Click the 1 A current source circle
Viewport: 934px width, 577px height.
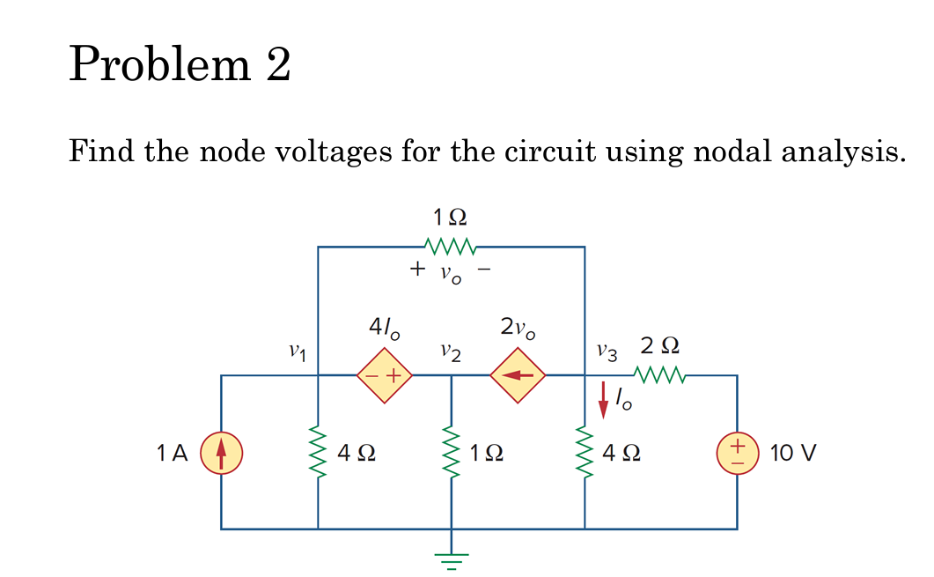222,453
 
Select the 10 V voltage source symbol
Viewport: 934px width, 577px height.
737,453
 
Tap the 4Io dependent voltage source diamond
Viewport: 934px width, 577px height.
384,375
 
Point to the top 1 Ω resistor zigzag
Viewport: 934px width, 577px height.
450,244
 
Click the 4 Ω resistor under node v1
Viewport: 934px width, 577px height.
318,453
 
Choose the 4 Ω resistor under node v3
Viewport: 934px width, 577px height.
585,453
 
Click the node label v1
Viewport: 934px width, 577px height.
298,351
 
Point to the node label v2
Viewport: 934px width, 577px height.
450,352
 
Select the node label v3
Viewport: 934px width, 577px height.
607,351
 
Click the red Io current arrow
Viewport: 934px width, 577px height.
604,399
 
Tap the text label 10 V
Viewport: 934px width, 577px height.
792,454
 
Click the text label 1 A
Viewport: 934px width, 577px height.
172,454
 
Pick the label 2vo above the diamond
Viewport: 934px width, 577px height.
517,329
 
